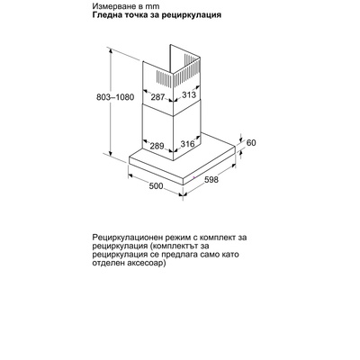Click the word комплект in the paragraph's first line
[212, 238]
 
